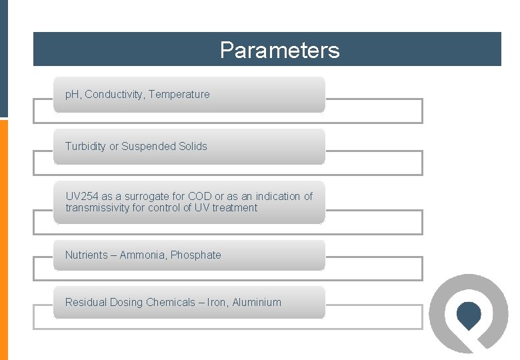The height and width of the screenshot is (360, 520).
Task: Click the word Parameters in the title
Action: pos(279,50)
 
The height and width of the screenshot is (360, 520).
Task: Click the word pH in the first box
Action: pos(72,95)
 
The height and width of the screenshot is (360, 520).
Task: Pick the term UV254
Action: pos(81,197)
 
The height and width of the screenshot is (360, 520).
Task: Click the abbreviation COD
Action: pos(199,197)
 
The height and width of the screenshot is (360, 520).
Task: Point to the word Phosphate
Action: pos(196,255)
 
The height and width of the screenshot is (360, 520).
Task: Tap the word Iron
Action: pos(217,303)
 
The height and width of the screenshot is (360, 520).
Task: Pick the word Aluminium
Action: pos(257,303)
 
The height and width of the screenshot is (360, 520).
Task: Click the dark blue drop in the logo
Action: pos(469,315)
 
